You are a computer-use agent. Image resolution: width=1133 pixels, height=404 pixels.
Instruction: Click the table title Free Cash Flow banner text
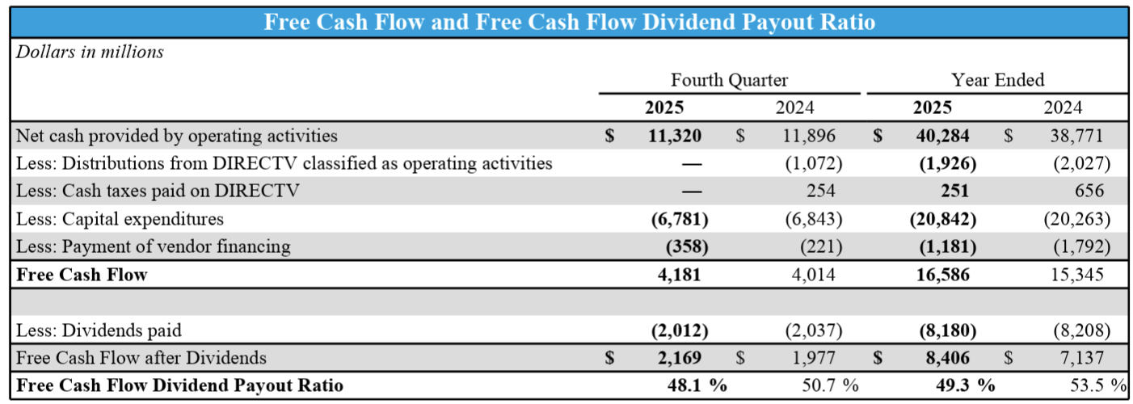point(570,22)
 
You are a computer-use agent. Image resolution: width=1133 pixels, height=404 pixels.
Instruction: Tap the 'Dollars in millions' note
point(90,52)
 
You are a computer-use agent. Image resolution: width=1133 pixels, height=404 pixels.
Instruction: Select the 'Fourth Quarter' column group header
point(729,80)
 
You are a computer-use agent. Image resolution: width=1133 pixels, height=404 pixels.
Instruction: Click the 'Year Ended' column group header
point(997,80)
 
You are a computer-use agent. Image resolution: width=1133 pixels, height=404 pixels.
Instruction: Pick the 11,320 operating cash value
point(675,136)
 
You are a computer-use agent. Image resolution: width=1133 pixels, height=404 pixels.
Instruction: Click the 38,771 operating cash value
point(1077,136)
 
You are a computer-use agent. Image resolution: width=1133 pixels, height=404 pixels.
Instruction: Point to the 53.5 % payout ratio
point(1093,385)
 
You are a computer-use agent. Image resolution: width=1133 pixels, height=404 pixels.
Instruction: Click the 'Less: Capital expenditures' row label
point(120,219)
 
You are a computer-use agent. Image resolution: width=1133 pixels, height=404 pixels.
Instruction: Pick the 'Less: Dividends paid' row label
point(99,330)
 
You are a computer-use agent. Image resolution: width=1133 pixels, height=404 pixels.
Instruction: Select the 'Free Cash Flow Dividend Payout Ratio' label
point(179,385)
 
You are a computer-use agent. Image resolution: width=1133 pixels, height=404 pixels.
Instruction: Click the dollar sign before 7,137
point(1008,357)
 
